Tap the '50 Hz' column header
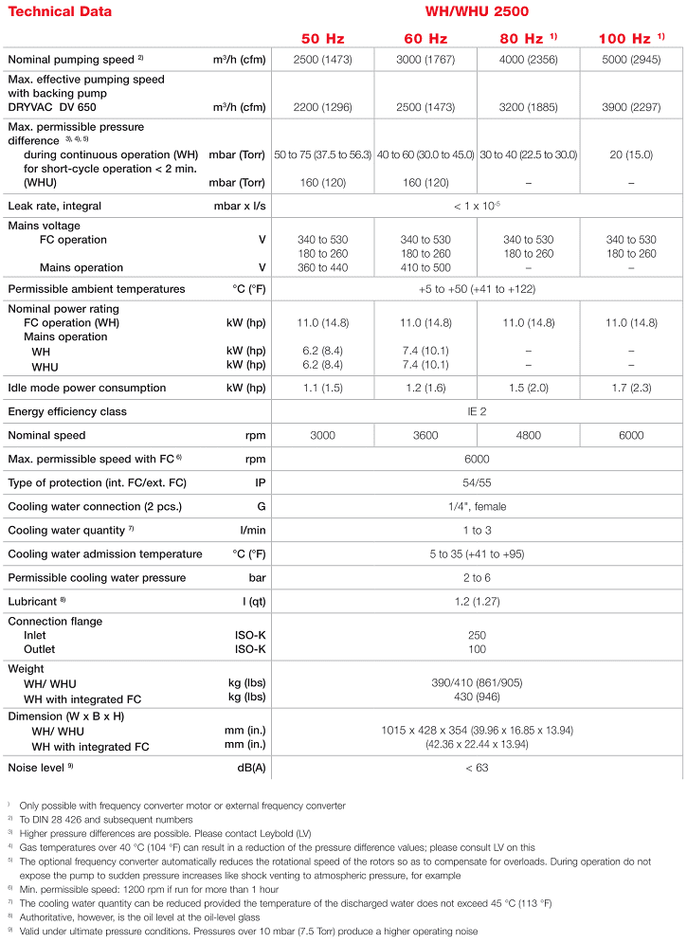click(x=322, y=39)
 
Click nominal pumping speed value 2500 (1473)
click(x=322, y=60)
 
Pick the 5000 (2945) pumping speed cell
click(x=630, y=60)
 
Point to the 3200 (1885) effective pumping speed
click(x=529, y=107)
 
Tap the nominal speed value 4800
click(x=529, y=435)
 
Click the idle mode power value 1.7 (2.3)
click(x=630, y=388)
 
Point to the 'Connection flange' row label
click(x=55, y=622)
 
